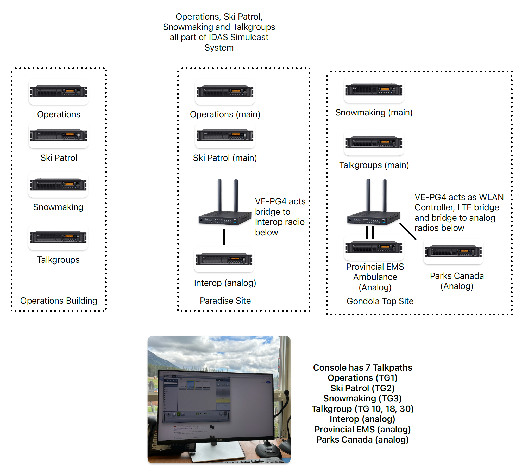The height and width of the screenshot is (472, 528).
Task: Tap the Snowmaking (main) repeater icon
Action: pos(374,90)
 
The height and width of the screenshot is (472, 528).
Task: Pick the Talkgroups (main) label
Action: pos(374,165)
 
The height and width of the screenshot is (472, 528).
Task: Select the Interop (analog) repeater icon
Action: pos(224,259)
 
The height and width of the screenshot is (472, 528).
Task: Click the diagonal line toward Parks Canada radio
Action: pos(408,231)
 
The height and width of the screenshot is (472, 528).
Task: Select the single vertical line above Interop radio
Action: pos(224,237)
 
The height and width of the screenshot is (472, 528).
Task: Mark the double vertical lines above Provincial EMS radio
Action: pos(370,233)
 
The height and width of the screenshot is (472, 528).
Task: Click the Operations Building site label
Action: pos(59,301)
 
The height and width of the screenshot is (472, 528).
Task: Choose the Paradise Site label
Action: pos(225,301)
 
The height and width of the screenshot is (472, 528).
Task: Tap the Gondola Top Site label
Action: pos(380,301)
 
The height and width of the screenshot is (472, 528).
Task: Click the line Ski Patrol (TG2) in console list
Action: pos(362,388)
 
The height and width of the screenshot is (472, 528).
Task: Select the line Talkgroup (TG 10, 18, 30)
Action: pos(362,409)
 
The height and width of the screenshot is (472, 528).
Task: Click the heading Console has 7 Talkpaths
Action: pos(362,368)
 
